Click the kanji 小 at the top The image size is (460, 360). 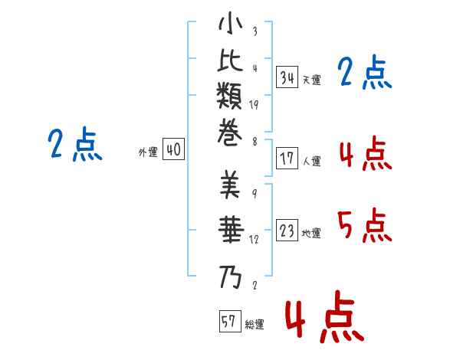coord(230,23)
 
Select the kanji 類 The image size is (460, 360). coord(229,96)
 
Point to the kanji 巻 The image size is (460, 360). coord(230,133)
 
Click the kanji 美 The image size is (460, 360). coord(230,185)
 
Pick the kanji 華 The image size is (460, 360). coord(231,230)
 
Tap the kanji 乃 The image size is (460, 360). coord(230,277)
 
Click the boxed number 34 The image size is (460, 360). coord(287,77)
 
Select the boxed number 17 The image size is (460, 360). coord(287,159)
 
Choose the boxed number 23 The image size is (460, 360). coord(287,230)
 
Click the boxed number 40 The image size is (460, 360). coord(173,149)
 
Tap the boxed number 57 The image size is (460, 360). coord(230,321)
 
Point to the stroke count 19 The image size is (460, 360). coord(254,105)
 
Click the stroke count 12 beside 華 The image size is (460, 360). coord(254,240)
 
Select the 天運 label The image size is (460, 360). coord(312,80)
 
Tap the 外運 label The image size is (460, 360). coord(148,152)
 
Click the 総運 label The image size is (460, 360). coord(255,324)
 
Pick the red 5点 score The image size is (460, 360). coord(365,225)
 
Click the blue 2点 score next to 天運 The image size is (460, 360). coord(365,72)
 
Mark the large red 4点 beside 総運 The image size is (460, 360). coord(325,316)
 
